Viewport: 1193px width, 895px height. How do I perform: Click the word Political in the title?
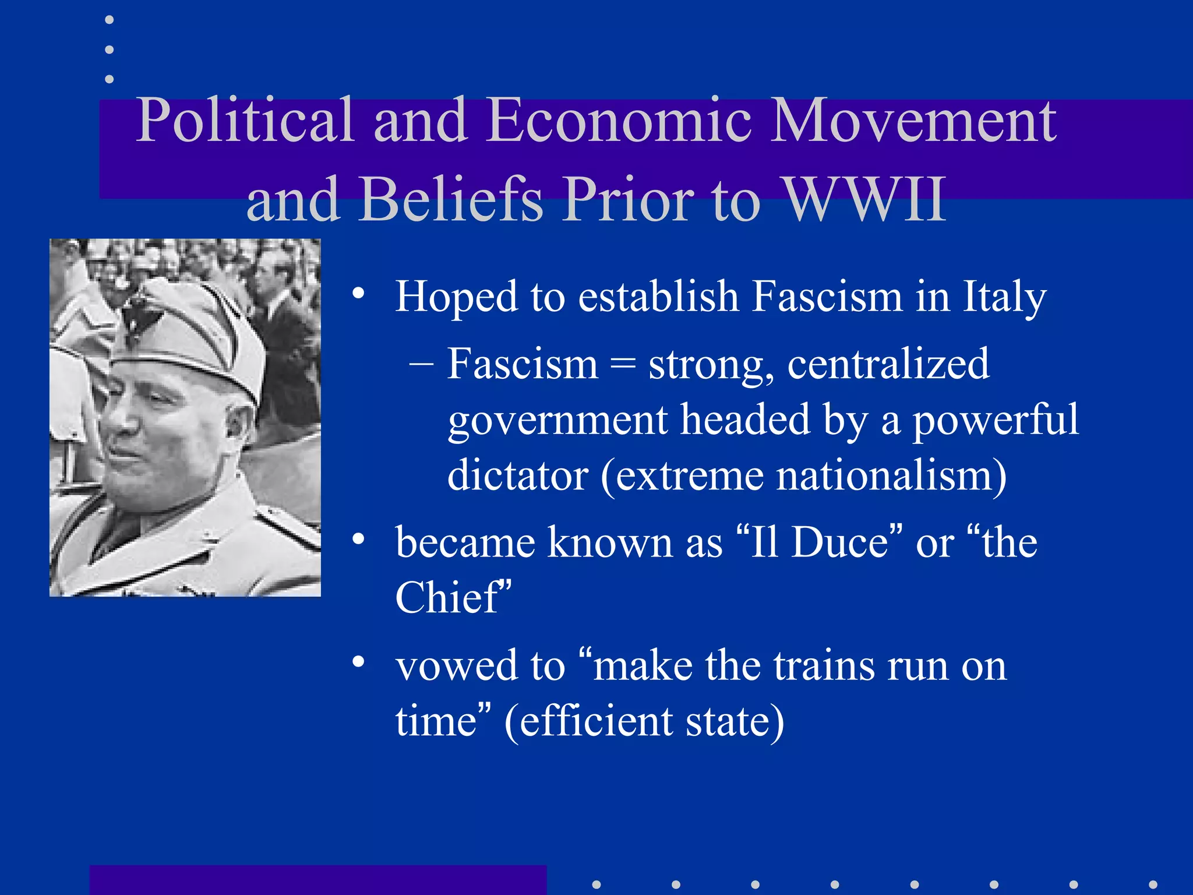[245, 121]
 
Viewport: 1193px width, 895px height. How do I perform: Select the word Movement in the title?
[913, 121]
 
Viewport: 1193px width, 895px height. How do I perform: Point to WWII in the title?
[865, 199]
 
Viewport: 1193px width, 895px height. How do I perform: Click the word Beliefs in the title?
[451, 199]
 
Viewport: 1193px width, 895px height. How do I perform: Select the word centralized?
[888, 364]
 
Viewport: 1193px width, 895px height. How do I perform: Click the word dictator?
[518, 475]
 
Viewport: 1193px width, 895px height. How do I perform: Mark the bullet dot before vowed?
[358, 662]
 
